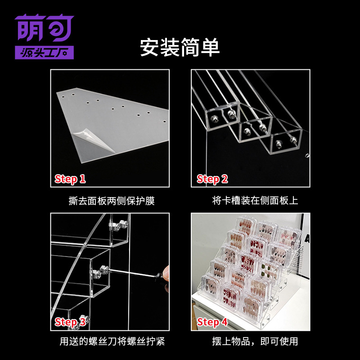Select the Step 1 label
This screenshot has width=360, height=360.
70,179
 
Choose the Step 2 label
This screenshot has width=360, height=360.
212,179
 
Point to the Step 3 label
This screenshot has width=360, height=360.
70,322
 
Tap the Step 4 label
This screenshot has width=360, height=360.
212,322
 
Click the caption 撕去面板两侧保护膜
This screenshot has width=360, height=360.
109,201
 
